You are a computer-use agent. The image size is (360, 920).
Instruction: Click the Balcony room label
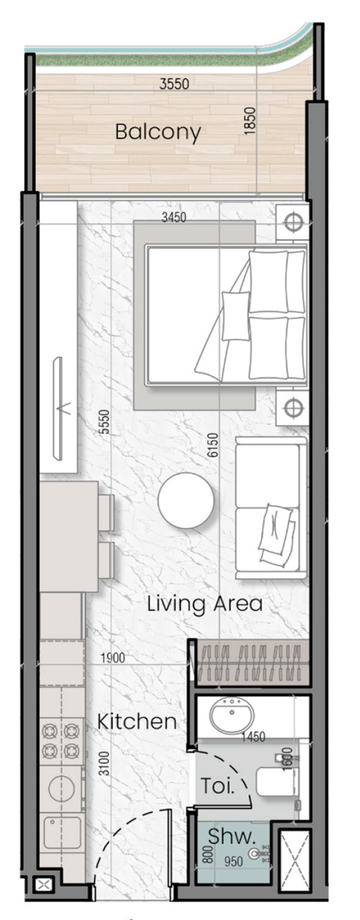(157, 132)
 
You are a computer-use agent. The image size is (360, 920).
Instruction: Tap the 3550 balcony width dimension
(174, 83)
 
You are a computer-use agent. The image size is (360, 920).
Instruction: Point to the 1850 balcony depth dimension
(249, 121)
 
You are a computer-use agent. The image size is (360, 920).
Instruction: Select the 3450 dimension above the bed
(173, 217)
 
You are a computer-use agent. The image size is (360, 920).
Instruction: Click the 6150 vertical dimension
(213, 445)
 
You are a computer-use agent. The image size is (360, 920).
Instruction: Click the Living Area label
(205, 604)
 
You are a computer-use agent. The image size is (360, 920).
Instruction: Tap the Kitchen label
(137, 722)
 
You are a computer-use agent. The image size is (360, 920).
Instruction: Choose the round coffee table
(186, 500)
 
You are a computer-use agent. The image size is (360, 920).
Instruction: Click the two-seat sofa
(271, 508)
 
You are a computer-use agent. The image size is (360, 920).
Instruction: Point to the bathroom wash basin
(232, 715)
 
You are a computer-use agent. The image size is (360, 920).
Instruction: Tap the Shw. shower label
(231, 837)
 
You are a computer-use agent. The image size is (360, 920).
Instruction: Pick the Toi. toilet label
(217, 786)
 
